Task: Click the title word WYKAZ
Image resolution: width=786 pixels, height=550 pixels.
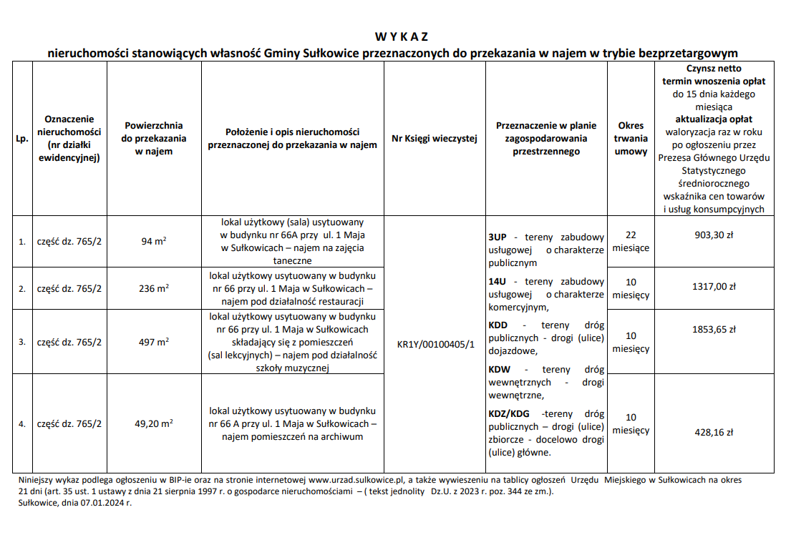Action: [x=401, y=37]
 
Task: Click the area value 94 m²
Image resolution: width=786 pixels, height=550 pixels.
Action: [x=154, y=242]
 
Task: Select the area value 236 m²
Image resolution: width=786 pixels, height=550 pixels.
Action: [x=154, y=289]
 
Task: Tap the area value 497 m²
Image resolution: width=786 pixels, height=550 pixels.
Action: [x=154, y=342]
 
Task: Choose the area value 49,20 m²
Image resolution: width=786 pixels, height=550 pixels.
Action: [x=154, y=423]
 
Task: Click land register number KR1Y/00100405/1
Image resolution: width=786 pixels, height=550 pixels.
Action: [x=435, y=344]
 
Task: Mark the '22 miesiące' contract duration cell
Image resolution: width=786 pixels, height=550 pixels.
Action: [x=631, y=241]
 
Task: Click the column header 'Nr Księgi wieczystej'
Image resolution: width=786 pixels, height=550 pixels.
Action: [x=435, y=139]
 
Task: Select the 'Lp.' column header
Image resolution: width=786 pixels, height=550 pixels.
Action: [x=22, y=139]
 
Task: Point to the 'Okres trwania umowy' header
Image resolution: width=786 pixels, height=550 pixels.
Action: [x=631, y=138]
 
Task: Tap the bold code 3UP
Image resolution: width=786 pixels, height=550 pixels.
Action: [x=498, y=237]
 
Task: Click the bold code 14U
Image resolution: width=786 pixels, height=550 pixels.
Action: [x=498, y=282]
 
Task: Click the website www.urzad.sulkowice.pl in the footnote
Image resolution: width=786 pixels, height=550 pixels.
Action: [x=357, y=480]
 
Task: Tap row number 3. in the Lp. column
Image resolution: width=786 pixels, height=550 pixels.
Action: [x=22, y=342]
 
